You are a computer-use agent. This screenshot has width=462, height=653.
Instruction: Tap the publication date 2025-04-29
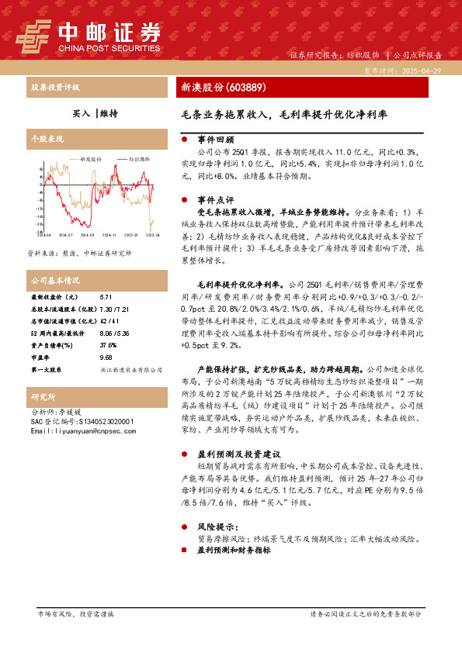(425, 70)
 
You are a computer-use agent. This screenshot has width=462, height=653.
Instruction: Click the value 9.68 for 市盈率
(106, 358)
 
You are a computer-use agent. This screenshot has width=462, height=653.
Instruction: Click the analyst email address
(76, 430)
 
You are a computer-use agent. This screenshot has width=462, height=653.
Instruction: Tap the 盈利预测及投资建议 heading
(233, 452)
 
